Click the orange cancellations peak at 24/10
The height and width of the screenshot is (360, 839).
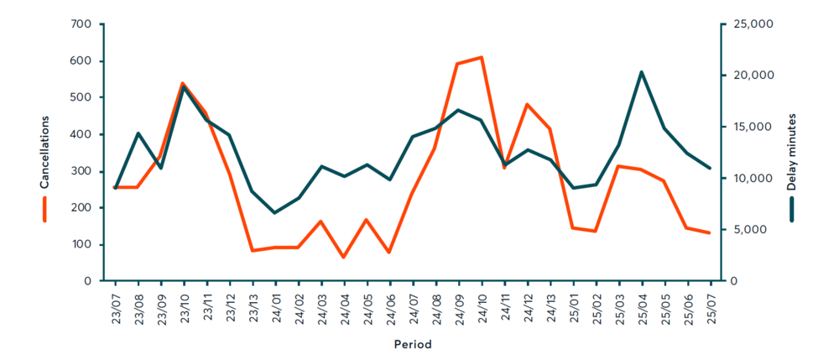[482, 57]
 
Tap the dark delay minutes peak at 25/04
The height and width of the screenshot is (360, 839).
[642, 72]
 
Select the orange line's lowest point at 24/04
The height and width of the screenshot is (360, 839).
[344, 257]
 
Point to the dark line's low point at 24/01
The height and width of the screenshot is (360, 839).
[275, 213]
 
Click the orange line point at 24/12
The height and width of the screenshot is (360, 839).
[527, 105]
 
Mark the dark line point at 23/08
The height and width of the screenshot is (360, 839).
[138, 133]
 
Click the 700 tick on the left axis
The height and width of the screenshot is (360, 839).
[81, 24]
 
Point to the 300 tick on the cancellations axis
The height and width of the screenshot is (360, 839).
[81, 171]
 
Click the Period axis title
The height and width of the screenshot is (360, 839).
[413, 344]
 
